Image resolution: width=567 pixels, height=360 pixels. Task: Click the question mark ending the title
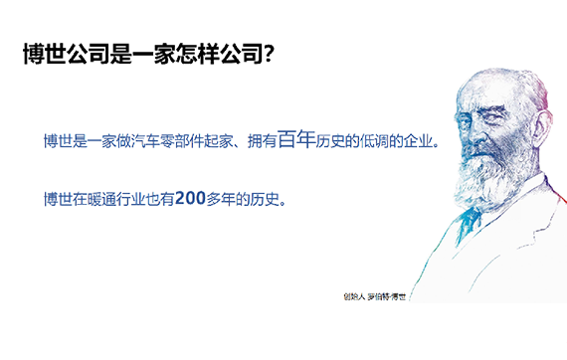(x=269, y=54)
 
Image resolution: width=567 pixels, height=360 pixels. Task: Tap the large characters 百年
(x=296, y=139)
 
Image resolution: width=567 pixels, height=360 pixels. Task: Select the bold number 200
(x=190, y=198)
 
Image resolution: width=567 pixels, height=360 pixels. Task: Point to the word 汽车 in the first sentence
(x=145, y=141)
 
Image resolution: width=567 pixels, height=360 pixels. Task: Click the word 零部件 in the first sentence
(x=181, y=141)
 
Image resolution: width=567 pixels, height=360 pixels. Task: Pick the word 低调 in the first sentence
(x=374, y=141)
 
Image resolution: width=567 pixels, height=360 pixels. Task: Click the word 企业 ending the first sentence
(x=418, y=141)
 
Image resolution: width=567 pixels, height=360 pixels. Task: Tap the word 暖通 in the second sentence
(x=101, y=199)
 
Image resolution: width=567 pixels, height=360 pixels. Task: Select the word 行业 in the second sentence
(x=130, y=199)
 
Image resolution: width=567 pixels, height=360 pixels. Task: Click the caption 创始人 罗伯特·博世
(x=375, y=296)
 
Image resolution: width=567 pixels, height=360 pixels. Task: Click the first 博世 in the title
(x=45, y=54)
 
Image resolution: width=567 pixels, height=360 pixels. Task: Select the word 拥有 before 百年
(x=263, y=141)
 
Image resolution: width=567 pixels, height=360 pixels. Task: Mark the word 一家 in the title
(x=154, y=54)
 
